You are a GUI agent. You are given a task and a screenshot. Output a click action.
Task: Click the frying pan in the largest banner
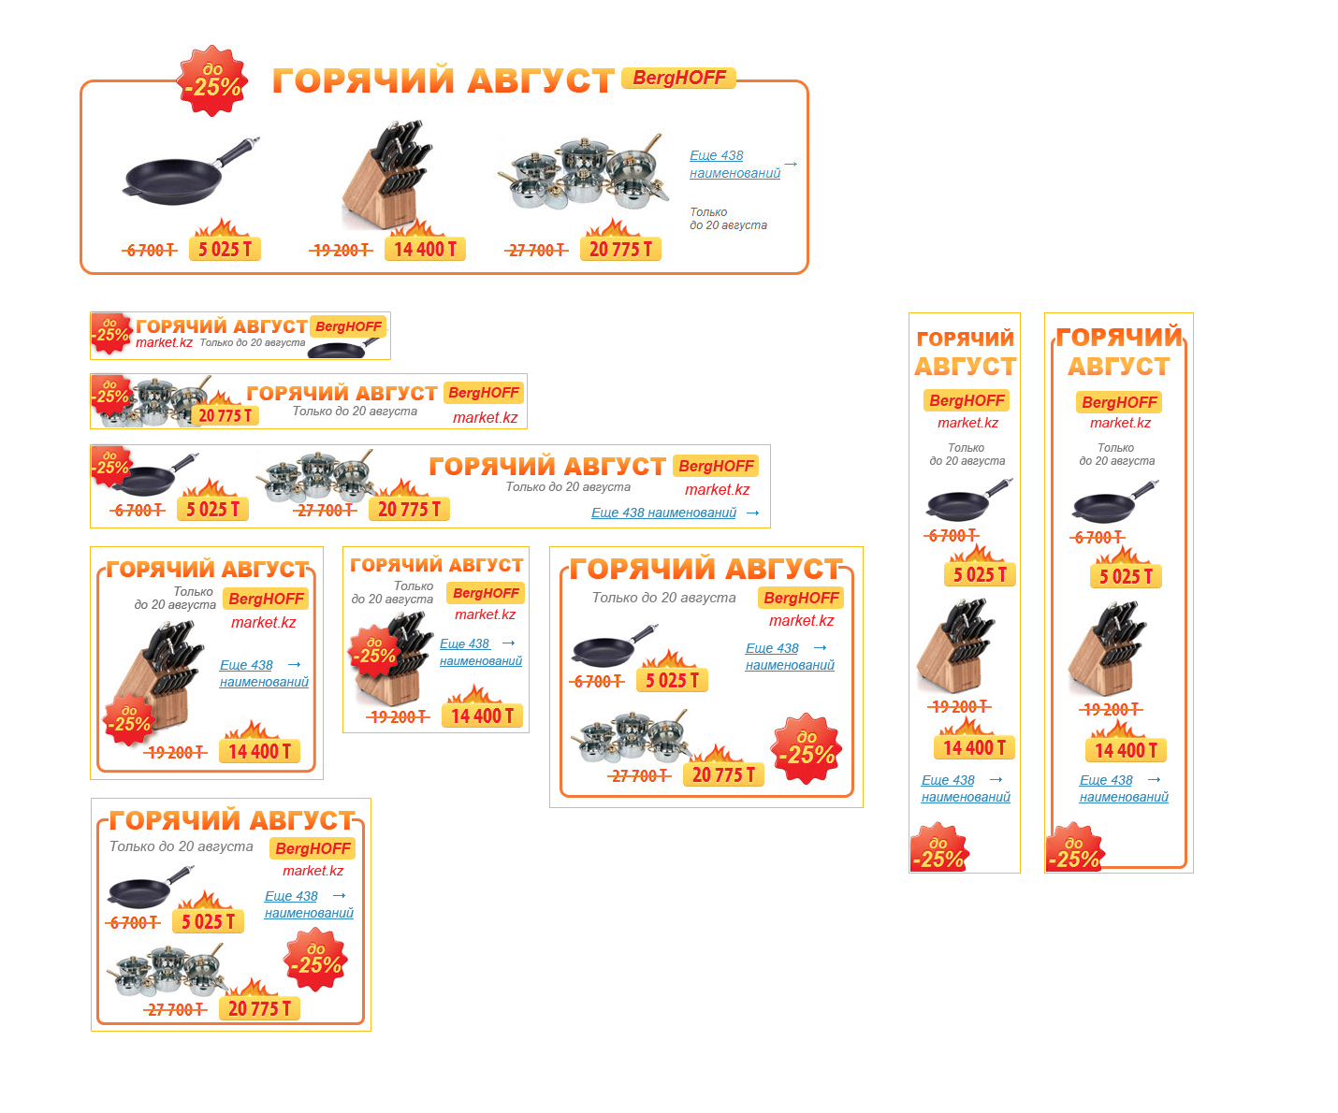pyautogui.click(x=190, y=172)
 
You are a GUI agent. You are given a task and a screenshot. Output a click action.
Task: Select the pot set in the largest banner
pyautogui.click(x=582, y=173)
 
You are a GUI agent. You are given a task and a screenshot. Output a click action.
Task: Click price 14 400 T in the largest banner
pyautogui.click(x=425, y=249)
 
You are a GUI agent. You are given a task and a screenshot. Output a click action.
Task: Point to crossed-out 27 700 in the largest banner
pyautogui.click(x=536, y=250)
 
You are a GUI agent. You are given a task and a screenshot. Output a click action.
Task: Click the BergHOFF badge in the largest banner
pyautogui.click(x=678, y=78)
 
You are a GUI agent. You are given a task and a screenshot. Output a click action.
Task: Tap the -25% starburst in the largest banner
pyautogui.click(x=212, y=80)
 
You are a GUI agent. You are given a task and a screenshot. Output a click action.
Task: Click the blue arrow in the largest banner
pyautogui.click(x=791, y=164)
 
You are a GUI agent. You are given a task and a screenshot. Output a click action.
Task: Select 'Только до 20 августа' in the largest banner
pyautogui.click(x=727, y=219)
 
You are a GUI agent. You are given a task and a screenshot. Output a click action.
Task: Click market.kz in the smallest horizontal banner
pyautogui.click(x=164, y=342)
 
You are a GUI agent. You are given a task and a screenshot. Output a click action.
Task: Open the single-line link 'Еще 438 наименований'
pyautogui.click(x=663, y=513)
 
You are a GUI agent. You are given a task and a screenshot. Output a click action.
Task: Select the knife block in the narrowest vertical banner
pyautogui.click(x=954, y=646)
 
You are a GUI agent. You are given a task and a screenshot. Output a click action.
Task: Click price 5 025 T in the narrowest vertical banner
pyautogui.click(x=979, y=575)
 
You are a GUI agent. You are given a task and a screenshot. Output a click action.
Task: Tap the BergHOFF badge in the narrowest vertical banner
pyautogui.click(x=967, y=400)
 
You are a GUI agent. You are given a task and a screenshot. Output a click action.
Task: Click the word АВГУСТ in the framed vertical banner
pyautogui.click(x=1118, y=367)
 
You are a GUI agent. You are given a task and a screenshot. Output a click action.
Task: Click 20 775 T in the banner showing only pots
pyautogui.click(x=225, y=415)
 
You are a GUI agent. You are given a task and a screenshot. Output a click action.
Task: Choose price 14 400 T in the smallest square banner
pyautogui.click(x=482, y=715)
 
